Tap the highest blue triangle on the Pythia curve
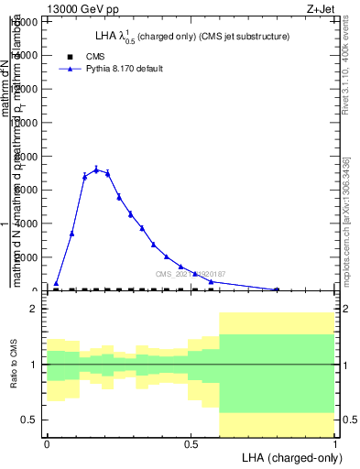tap(96, 169)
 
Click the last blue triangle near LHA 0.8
tap(277, 289)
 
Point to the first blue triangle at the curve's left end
tap(56, 284)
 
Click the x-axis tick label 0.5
tap(191, 443)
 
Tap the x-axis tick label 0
tap(47, 443)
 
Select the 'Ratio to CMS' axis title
tap(15, 365)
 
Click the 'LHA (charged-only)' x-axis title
tap(288, 456)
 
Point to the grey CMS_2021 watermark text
tap(191, 274)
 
